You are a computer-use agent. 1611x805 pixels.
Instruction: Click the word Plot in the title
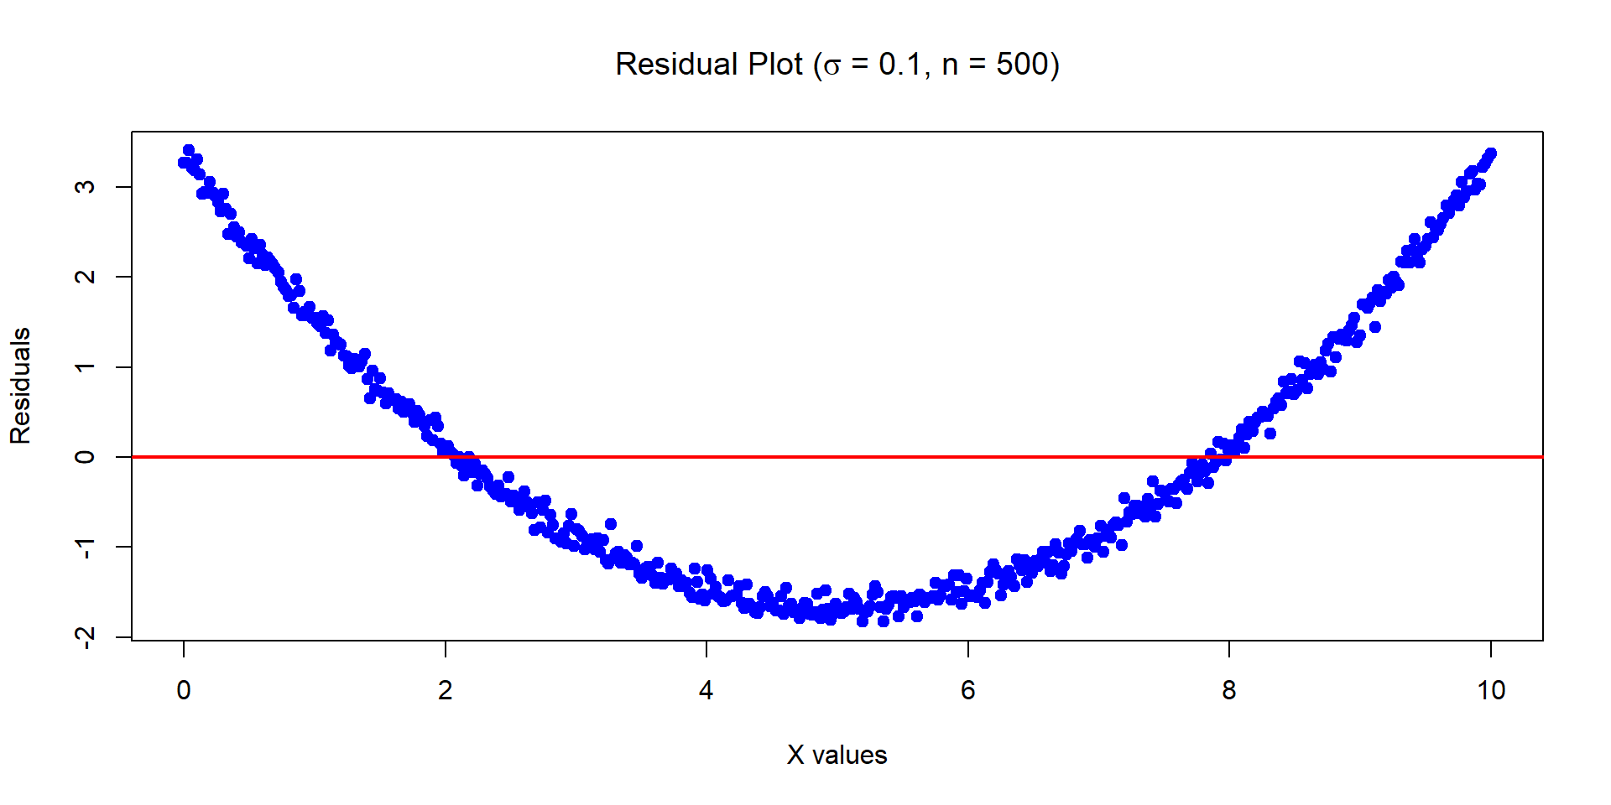(775, 65)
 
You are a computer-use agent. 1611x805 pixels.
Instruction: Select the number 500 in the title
(1021, 65)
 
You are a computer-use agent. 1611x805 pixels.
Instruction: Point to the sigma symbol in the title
(831, 66)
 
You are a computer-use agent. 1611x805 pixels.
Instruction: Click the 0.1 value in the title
(901, 65)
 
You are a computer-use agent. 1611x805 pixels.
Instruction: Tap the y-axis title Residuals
(20, 386)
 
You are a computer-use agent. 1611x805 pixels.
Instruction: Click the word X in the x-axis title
(795, 755)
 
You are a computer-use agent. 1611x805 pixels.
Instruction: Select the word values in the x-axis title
(849, 755)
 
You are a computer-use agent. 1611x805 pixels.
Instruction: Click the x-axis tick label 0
(184, 690)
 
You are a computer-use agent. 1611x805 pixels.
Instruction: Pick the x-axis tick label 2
(445, 690)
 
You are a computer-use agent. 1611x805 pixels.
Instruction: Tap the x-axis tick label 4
(706, 690)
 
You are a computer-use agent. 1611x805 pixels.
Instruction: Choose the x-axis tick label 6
(967, 690)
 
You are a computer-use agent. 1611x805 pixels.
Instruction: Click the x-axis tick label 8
(1229, 690)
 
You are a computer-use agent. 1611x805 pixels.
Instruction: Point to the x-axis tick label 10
(1490, 690)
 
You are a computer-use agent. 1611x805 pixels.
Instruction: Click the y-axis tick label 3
(85, 186)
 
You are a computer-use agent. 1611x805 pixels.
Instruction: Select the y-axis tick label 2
(85, 277)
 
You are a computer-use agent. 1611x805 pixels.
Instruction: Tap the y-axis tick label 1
(85, 366)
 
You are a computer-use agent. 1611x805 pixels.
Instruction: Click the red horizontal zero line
(839, 457)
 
